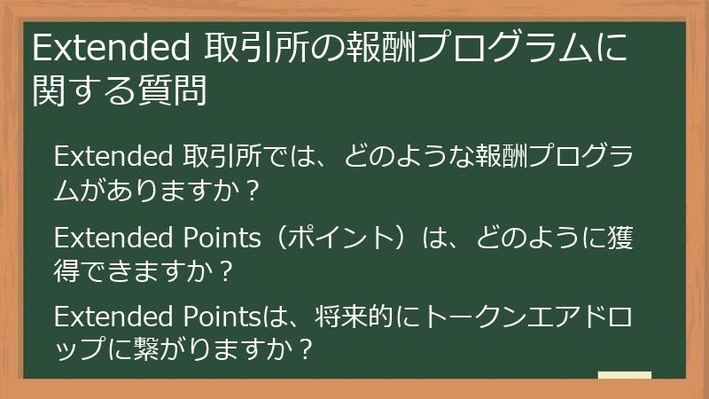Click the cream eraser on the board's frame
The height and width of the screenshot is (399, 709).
tap(625, 376)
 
